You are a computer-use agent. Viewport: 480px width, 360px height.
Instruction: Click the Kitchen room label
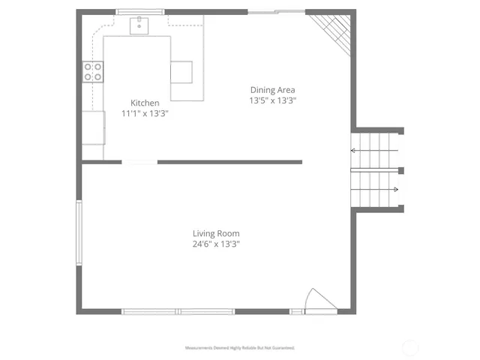[x=145, y=103]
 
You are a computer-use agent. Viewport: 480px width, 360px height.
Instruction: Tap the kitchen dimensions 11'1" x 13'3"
[x=145, y=113]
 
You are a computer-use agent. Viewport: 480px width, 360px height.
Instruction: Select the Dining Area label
[x=273, y=90]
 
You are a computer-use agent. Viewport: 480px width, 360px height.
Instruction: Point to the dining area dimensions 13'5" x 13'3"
[x=273, y=100]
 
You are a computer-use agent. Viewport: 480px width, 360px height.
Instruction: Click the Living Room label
[x=216, y=233]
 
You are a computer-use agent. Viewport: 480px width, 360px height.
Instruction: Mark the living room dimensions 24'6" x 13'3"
[x=216, y=244]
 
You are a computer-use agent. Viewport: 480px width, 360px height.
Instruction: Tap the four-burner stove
[x=93, y=72]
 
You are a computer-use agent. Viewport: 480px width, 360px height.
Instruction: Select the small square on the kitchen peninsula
[x=181, y=72]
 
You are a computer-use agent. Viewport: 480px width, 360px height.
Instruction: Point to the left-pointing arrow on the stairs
[x=354, y=150]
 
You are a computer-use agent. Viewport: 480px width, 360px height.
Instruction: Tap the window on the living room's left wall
[x=79, y=232]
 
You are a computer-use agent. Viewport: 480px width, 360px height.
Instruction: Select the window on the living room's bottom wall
[x=178, y=311]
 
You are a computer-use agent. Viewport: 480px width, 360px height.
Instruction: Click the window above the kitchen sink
[x=140, y=12]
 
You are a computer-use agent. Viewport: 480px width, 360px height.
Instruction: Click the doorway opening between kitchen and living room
[x=139, y=162]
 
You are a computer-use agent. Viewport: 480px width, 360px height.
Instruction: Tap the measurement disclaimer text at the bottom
[x=240, y=348]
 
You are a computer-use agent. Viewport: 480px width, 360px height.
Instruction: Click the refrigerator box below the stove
[x=93, y=127]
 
